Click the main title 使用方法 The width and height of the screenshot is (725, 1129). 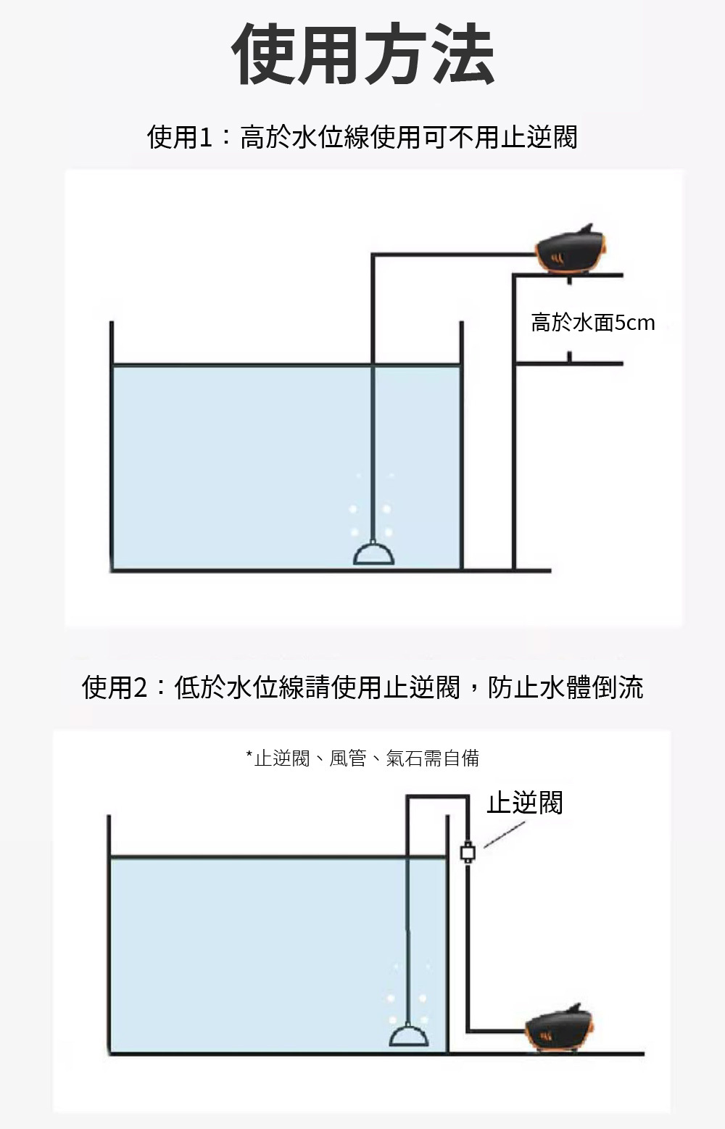pyautogui.click(x=362, y=54)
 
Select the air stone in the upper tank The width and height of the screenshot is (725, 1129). pyautogui.click(x=374, y=555)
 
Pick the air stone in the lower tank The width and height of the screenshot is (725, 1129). pyautogui.click(x=409, y=1036)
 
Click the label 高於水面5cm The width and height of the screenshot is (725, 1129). pyautogui.click(x=592, y=323)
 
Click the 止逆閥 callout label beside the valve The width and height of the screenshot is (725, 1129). pyautogui.click(x=524, y=803)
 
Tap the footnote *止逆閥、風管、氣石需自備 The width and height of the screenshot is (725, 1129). pyautogui.click(x=362, y=758)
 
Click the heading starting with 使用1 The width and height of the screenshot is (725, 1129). pyautogui.click(x=362, y=137)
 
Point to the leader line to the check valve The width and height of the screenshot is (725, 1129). pyautogui.click(x=504, y=835)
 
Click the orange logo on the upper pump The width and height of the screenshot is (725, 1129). pyautogui.click(x=556, y=259)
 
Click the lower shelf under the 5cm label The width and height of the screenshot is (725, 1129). pyautogui.click(x=569, y=363)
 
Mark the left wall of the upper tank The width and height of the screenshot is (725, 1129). pyautogui.click(x=112, y=450)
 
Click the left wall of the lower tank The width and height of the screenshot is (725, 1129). pyautogui.click(x=109, y=935)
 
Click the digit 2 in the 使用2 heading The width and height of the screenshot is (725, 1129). pyautogui.click(x=141, y=687)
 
